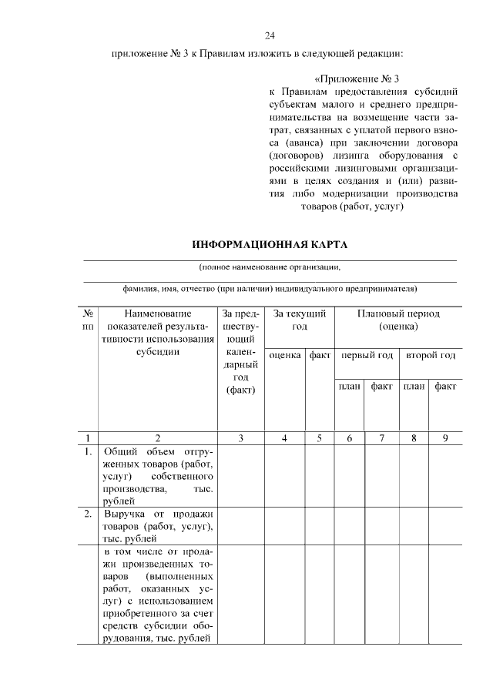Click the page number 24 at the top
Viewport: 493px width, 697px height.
[270, 35]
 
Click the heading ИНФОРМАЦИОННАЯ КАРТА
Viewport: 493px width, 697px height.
[270, 245]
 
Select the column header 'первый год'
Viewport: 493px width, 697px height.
[367, 355]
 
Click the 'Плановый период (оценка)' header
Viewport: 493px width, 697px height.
[398, 320]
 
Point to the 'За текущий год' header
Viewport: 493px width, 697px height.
[299, 320]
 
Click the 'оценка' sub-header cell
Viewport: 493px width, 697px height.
[285, 355]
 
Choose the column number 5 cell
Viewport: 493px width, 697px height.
[319, 438]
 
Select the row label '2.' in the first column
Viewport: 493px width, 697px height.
[89, 513]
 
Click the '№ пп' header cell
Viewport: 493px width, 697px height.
[89, 320]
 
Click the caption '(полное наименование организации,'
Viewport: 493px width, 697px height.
[270, 267]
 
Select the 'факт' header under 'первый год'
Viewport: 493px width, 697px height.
[382, 385]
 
